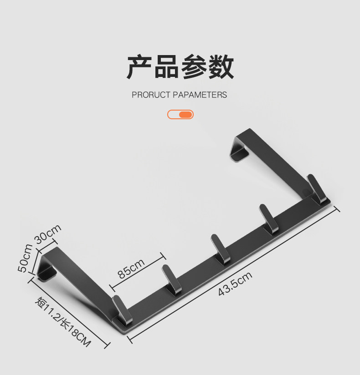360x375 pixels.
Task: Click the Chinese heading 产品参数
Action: coord(180,67)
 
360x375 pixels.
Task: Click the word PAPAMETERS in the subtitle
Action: coord(200,95)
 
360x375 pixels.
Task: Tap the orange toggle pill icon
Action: coord(180,114)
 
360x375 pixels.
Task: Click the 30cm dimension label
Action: coord(47,235)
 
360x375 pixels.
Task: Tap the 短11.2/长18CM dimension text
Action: coord(62,322)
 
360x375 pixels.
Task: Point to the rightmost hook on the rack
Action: coord(316,189)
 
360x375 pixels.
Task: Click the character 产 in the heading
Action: coord(139,67)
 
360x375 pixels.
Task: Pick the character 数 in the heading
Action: coord(221,67)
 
